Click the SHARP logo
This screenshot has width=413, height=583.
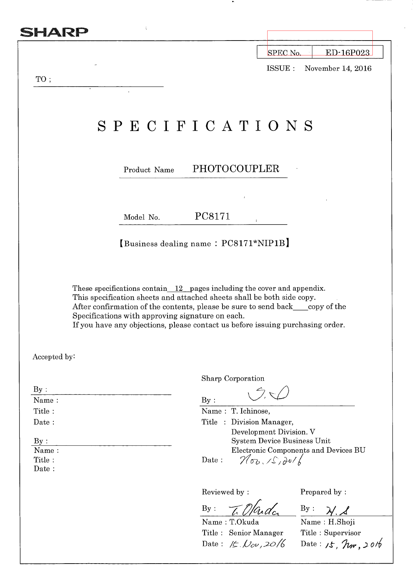(54, 32)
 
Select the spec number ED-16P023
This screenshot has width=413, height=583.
(347, 53)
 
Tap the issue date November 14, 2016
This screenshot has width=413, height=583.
(338, 68)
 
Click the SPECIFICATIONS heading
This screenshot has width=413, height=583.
(205, 126)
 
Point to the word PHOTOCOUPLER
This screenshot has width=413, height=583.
(236, 169)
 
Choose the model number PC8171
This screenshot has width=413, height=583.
(212, 216)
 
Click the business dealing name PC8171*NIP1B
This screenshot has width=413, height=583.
(253, 243)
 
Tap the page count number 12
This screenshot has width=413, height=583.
(179, 288)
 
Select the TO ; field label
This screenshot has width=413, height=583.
(43, 79)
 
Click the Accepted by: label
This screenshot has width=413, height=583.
(54, 357)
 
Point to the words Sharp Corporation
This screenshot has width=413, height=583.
(233, 378)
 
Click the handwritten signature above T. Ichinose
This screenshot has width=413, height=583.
(269, 394)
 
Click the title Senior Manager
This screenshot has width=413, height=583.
(256, 533)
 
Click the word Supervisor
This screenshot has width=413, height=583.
(342, 533)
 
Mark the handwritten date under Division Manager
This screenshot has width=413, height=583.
(271, 460)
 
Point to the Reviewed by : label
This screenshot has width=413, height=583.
(225, 492)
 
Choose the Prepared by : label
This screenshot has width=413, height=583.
(323, 492)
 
